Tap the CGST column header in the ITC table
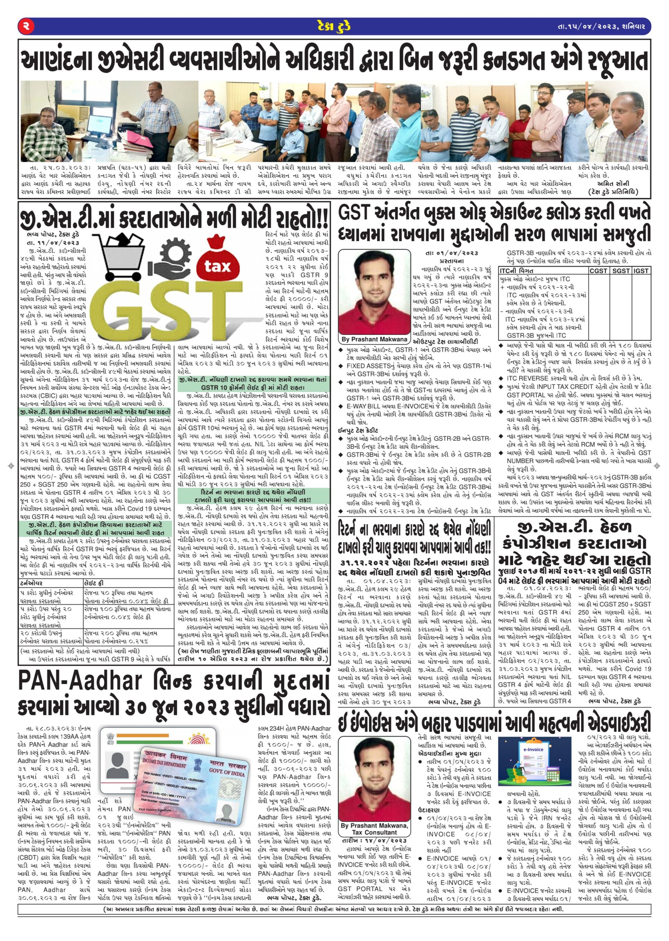[x=598, y=271]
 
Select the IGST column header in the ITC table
[x=641, y=271]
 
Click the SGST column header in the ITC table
[x=620, y=271]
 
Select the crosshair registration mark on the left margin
[x=11, y=466]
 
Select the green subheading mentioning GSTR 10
[x=253, y=384]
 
